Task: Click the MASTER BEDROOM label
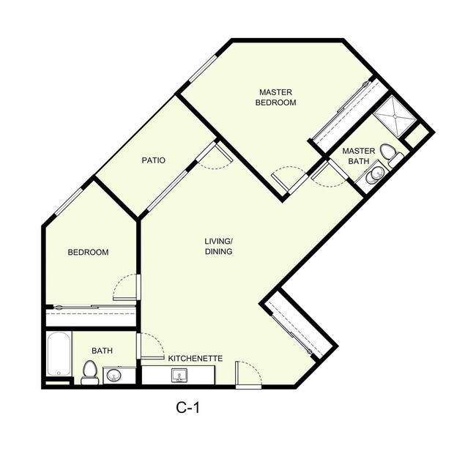coord(275,97)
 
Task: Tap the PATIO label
coord(154,160)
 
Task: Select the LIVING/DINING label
coord(218,246)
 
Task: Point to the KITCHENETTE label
coord(195,359)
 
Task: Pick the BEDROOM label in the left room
coord(88,253)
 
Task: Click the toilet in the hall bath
coord(90,371)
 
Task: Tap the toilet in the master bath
coord(389,154)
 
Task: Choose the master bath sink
coord(376,173)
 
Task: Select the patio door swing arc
coord(211,161)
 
